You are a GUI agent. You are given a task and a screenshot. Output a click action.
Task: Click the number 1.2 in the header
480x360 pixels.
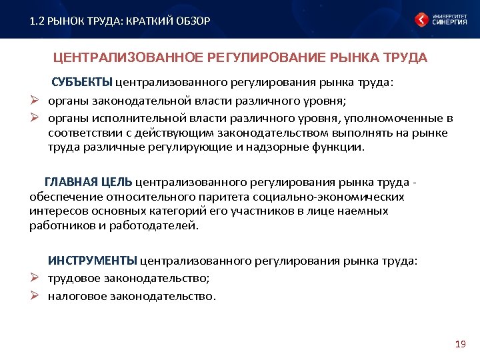37,21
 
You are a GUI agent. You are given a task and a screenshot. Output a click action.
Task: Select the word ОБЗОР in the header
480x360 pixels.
193,21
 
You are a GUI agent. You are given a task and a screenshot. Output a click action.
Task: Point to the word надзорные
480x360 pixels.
291,147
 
